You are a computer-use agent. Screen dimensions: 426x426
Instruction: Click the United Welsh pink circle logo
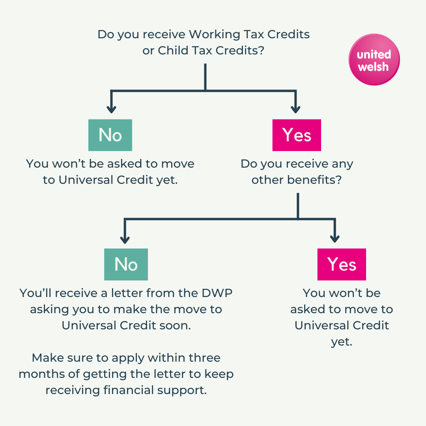click(374, 60)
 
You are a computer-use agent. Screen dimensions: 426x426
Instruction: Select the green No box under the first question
click(110, 135)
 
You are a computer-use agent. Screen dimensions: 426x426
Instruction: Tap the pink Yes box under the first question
click(297, 135)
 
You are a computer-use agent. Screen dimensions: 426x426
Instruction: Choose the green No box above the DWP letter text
click(126, 264)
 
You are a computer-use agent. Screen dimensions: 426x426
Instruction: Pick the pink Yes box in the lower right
click(342, 264)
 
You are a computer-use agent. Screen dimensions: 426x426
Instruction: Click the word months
click(41, 374)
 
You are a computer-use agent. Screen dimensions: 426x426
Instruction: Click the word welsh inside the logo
click(373, 67)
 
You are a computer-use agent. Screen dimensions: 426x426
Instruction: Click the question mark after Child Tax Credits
click(261, 51)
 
